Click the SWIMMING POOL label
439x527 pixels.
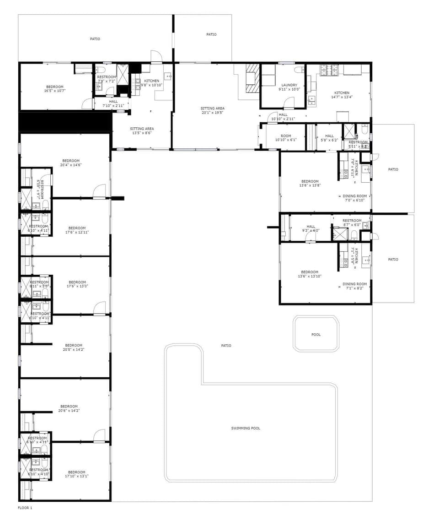(246, 428)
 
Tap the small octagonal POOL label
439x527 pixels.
(316, 335)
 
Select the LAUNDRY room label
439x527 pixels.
(289, 85)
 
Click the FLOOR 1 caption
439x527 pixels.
(25, 508)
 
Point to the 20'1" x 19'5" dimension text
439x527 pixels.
(212, 113)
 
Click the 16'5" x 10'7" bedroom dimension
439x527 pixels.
(55, 91)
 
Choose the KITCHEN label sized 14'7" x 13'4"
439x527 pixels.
(342, 93)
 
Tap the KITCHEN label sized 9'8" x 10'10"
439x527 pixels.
(152, 81)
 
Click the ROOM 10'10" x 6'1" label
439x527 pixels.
(286, 136)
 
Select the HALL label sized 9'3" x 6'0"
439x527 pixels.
(311, 227)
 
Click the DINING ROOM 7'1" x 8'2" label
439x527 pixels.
(355, 284)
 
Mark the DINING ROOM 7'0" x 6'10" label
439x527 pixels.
(355, 196)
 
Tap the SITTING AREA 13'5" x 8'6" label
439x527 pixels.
(142, 129)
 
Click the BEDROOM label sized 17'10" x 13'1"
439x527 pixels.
(77, 472)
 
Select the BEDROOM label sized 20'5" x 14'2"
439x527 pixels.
(74, 345)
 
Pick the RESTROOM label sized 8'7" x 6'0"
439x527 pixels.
(352, 221)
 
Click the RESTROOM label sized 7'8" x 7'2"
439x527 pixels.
(107, 77)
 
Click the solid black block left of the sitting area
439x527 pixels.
(65, 122)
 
